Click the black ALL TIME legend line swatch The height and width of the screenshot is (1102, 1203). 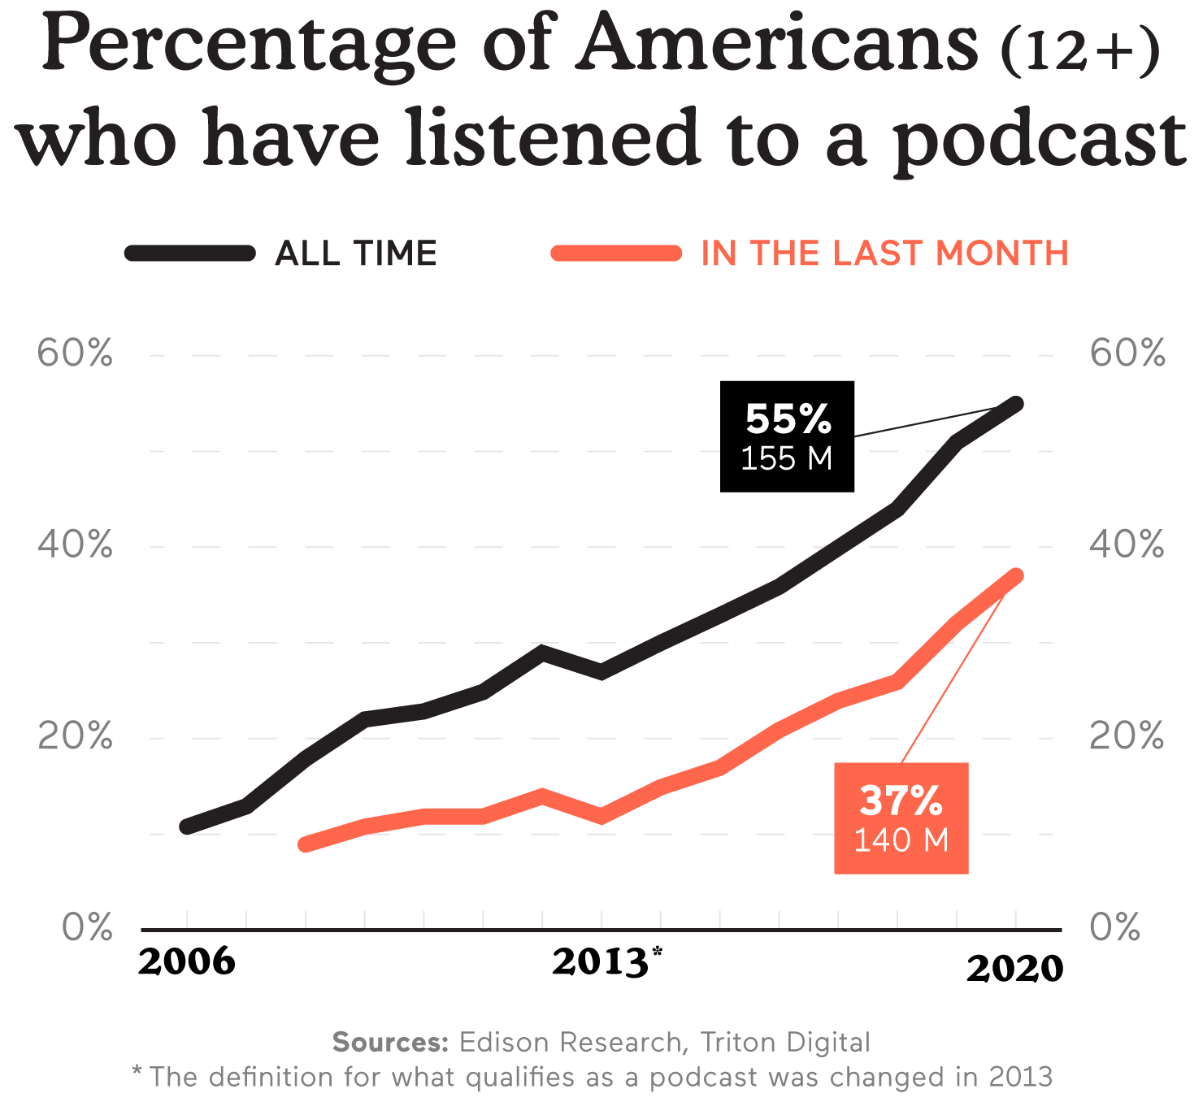pyautogui.click(x=190, y=253)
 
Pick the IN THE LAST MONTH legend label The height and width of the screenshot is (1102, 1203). pyautogui.click(x=884, y=254)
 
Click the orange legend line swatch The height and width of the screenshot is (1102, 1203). pyautogui.click(x=616, y=253)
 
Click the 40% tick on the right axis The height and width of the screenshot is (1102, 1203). pyautogui.click(x=1127, y=544)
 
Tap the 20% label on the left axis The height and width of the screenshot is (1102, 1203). pyautogui.click(x=75, y=736)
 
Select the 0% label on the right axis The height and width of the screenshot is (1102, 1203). pyautogui.click(x=1114, y=927)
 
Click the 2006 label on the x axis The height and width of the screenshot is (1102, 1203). pyautogui.click(x=187, y=962)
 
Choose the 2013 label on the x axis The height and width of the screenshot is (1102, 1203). pyautogui.click(x=601, y=962)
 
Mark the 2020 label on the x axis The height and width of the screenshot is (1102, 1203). pyautogui.click(x=1014, y=969)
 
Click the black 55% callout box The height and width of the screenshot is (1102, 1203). pyautogui.click(x=787, y=436)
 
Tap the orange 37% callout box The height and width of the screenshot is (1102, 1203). pyautogui.click(x=901, y=818)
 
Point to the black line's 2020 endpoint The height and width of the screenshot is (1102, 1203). pyautogui.click(x=1015, y=403)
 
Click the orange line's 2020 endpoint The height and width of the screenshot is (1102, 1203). pyautogui.click(x=1015, y=575)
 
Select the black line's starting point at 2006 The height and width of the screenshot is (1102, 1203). pyautogui.click(x=187, y=826)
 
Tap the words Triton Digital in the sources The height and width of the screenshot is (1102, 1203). pyautogui.click(x=785, y=1042)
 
